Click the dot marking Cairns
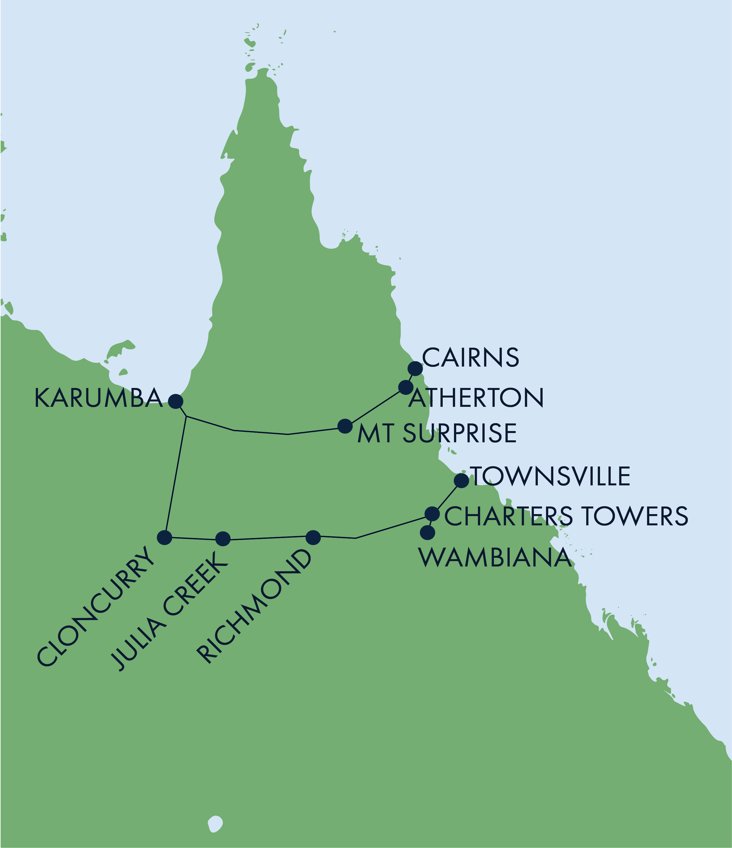coord(415,368)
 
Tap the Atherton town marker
coord(406,387)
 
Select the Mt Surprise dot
coord(345,426)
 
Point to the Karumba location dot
coord(176,401)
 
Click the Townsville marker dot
coord(462,481)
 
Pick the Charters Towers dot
coord(432,514)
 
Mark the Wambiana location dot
coord(427,532)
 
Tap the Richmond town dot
coord(313,537)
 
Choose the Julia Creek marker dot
coord(223,539)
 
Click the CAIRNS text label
coord(470,357)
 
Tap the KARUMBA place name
coord(98,398)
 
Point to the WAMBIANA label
coord(495,557)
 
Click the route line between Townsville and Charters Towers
coord(447,497)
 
